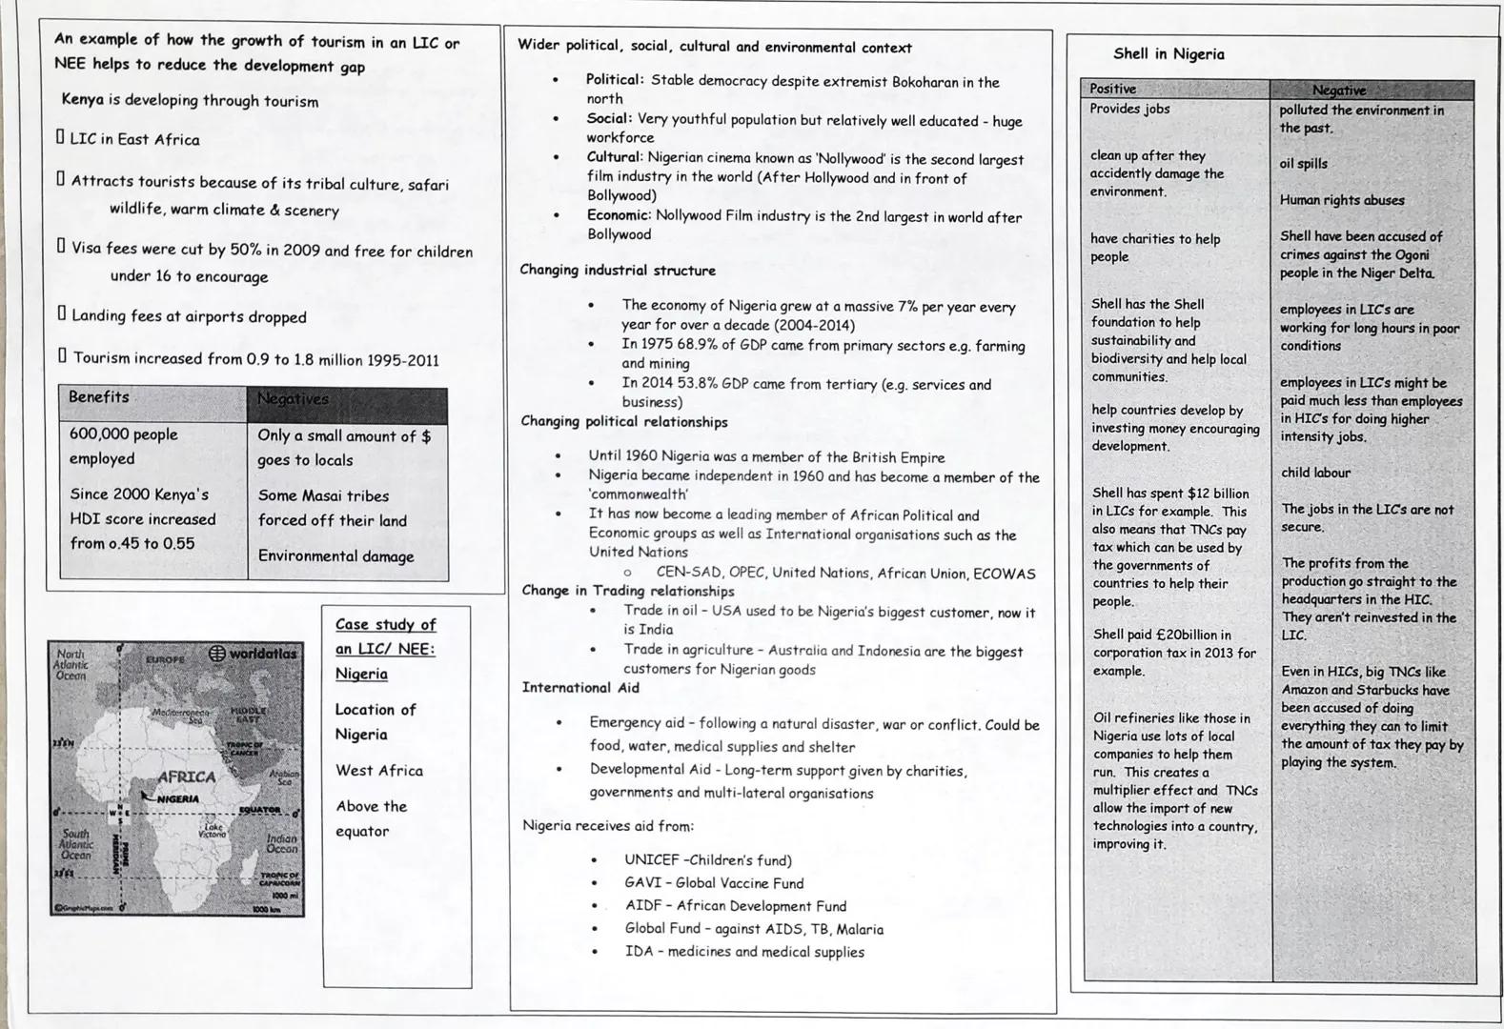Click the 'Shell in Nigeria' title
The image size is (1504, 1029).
click(1169, 54)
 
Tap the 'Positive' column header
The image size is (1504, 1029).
click(1112, 89)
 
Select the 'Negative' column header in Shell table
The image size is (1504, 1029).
click(1338, 91)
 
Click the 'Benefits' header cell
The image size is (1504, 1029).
click(99, 397)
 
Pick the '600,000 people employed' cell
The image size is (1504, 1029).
click(124, 446)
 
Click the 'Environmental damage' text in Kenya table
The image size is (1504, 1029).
click(335, 556)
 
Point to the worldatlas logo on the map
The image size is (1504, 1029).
click(252, 654)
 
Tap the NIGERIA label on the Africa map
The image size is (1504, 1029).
click(177, 798)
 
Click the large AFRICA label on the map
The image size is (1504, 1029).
click(186, 777)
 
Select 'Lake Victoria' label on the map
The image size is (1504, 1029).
click(213, 831)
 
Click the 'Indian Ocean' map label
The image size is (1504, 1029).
click(281, 844)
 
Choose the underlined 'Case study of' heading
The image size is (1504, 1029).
click(385, 625)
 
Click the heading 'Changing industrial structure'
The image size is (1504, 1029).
click(617, 271)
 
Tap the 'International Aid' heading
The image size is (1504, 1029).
click(579, 688)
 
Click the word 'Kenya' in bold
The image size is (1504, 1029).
click(81, 100)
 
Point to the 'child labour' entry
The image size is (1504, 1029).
click(1315, 473)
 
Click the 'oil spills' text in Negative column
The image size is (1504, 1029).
click(1303, 164)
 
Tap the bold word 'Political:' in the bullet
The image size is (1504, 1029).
click(615, 80)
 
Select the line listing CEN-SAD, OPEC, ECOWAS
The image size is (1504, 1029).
click(844, 574)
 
